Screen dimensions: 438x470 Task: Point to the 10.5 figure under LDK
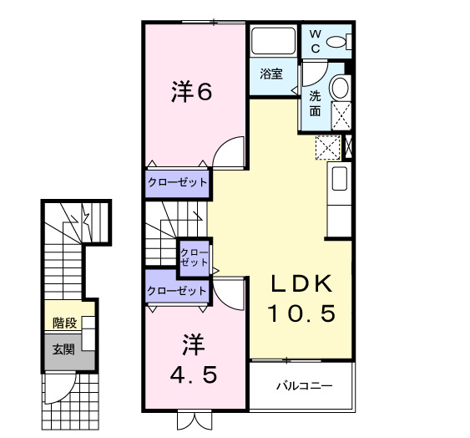[301, 314]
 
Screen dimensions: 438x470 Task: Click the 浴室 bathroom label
[271, 73]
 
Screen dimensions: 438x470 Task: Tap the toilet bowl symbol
[338, 41]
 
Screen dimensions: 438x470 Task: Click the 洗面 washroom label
[316, 103]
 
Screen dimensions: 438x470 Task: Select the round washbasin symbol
[340, 89]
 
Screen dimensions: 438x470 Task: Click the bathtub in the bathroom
[272, 41]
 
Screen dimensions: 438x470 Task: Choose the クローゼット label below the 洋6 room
[177, 182]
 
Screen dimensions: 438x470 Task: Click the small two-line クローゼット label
[195, 257]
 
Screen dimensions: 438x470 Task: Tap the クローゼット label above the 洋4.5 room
[176, 291]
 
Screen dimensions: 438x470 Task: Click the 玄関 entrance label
[63, 349]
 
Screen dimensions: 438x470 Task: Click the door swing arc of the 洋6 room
[227, 153]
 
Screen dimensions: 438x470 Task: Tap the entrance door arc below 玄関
[60, 386]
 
